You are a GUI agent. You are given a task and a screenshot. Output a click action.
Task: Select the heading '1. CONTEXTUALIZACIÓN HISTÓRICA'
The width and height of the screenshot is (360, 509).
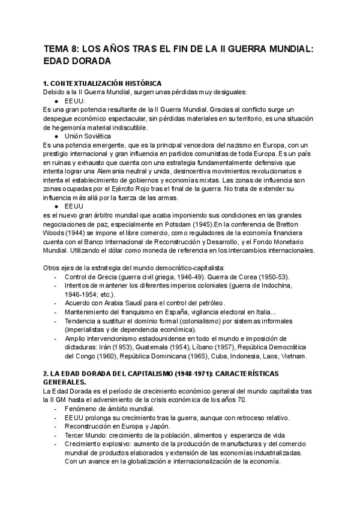tap(102, 83)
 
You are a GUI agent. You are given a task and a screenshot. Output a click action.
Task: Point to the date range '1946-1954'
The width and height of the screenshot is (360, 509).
tap(83, 295)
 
